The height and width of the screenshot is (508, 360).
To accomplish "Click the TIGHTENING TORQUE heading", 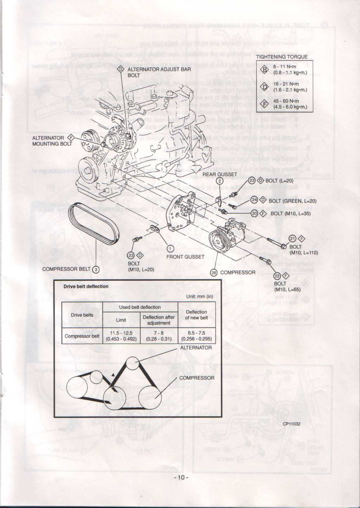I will (x=282, y=57).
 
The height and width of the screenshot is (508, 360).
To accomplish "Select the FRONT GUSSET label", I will (x=185, y=256).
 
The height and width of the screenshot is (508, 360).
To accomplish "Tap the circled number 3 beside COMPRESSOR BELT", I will (x=96, y=269).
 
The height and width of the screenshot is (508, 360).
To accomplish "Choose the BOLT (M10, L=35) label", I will (x=290, y=213).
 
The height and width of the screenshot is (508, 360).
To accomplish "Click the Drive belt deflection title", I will (x=86, y=286).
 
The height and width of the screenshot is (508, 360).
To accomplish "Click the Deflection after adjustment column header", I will (x=159, y=320).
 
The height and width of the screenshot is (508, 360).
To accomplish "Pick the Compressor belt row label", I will (x=82, y=336).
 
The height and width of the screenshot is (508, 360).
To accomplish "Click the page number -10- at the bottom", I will (x=181, y=477).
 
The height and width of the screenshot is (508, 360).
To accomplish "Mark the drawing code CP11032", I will (x=291, y=424).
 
